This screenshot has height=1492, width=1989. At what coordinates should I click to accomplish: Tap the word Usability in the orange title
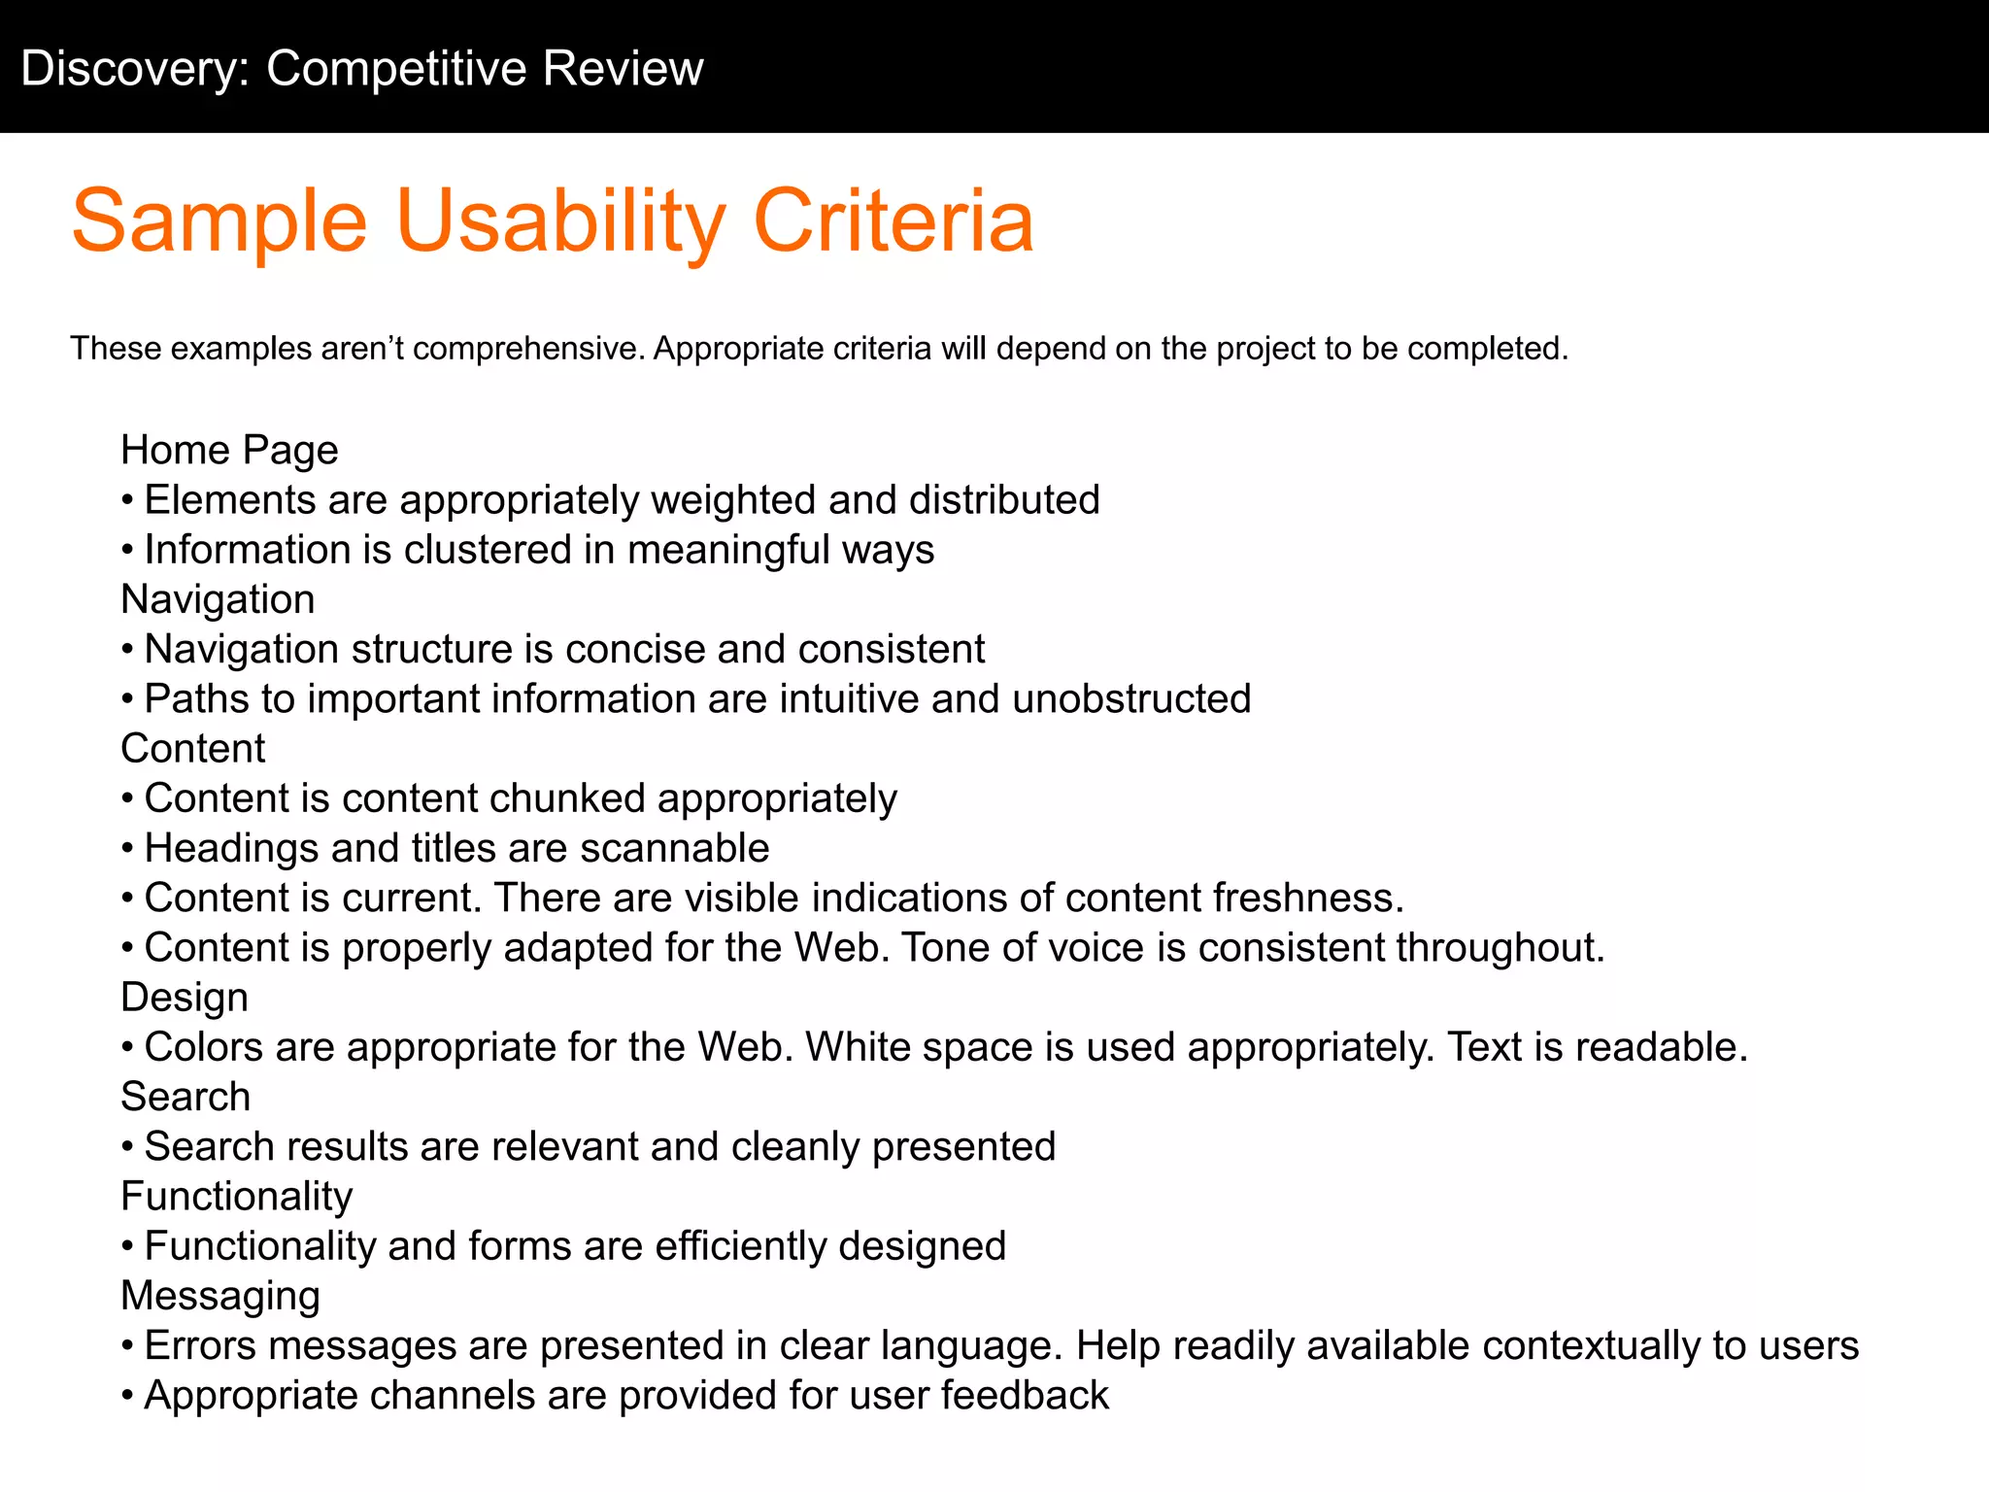pyautogui.click(x=560, y=222)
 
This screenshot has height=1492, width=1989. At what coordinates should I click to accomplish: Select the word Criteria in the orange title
pyautogui.click(x=893, y=222)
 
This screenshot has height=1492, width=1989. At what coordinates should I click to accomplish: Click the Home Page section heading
pyautogui.click(x=229, y=450)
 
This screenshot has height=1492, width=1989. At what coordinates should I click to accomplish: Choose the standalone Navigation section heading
pyautogui.click(x=218, y=599)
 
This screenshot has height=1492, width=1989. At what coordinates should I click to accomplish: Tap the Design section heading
pyautogui.click(x=185, y=998)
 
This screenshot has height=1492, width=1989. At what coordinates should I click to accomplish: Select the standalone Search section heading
pyautogui.click(x=185, y=1097)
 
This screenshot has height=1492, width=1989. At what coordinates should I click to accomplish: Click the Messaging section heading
pyautogui.click(x=220, y=1296)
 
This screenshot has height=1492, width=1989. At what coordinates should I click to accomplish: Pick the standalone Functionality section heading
pyautogui.click(x=236, y=1196)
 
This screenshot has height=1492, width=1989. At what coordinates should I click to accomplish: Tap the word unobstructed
pyautogui.click(x=1131, y=699)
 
